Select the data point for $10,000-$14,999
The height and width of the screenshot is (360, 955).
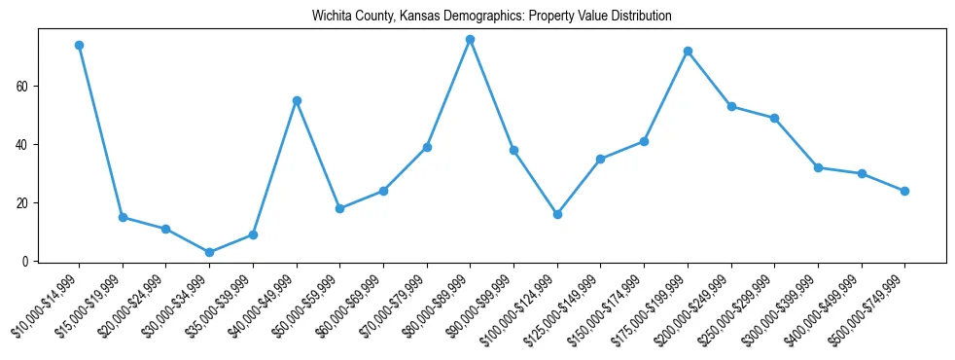[79, 45]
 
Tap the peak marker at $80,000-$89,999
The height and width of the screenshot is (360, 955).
[470, 39]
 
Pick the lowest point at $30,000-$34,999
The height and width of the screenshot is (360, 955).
[209, 252]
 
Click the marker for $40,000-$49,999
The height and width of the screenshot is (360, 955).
[297, 100]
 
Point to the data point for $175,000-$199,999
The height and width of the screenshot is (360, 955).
[688, 51]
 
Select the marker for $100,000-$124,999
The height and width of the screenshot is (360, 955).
[557, 214]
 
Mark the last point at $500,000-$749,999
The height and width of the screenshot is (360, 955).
[904, 191]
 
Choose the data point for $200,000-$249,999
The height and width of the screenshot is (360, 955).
[731, 106]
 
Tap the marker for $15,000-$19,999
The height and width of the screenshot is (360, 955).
[123, 217]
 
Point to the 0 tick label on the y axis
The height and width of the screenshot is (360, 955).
[29, 261]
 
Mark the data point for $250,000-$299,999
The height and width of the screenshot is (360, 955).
[774, 118]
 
